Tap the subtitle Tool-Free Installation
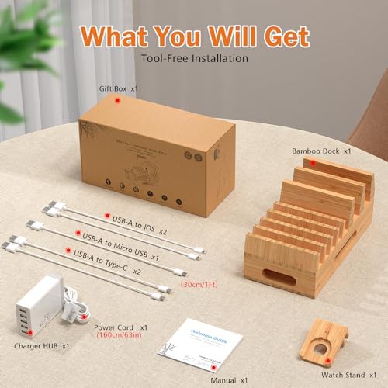[x=193, y=57]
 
